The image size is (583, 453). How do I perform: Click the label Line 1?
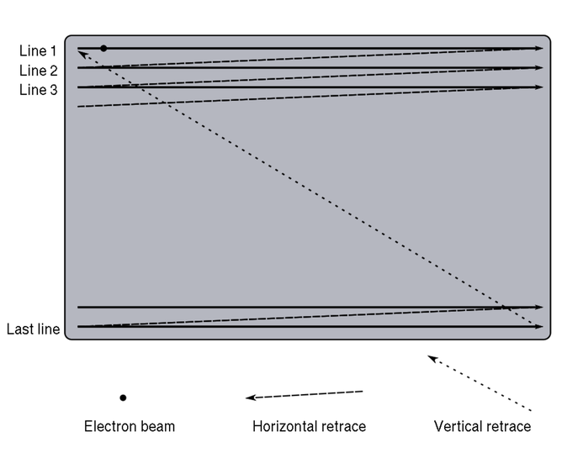pyautogui.click(x=39, y=51)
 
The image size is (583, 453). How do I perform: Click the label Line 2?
pyautogui.click(x=39, y=71)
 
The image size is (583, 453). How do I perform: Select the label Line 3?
pyautogui.click(x=39, y=89)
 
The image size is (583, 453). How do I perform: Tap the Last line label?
pyautogui.click(x=33, y=329)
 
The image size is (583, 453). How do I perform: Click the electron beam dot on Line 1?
pyautogui.click(x=103, y=49)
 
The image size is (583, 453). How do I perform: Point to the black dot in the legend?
pyautogui.click(x=123, y=398)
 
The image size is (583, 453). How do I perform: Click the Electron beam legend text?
pyautogui.click(x=130, y=426)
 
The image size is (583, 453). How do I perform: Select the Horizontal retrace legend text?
pyautogui.click(x=309, y=426)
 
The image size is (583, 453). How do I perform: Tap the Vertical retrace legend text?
pyautogui.click(x=482, y=426)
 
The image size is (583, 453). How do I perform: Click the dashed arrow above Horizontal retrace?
pyautogui.click(x=304, y=395)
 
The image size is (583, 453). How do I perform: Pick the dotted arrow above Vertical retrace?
pyautogui.click(x=480, y=383)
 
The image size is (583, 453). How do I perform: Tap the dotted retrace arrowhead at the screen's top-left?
pyautogui.click(x=81, y=54)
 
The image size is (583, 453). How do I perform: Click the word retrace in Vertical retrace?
pyautogui.click(x=506, y=426)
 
